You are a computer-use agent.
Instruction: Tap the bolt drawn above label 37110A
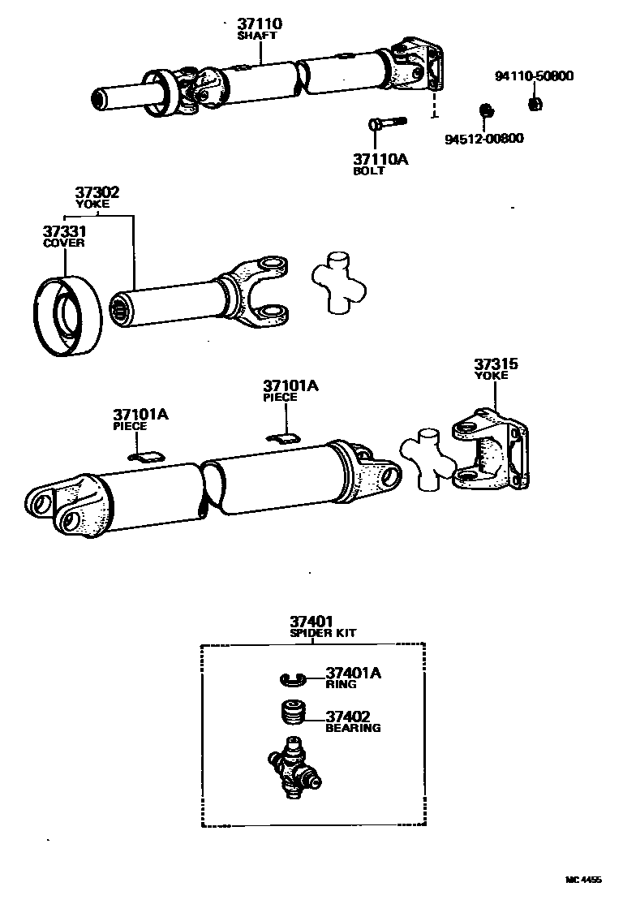pyautogui.click(x=385, y=124)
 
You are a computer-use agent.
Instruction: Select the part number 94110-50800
pyautogui.click(x=534, y=77)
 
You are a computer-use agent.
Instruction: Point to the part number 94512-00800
pyautogui.click(x=484, y=138)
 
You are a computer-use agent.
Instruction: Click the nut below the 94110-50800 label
pyautogui.click(x=535, y=103)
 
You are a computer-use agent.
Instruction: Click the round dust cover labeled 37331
pyautogui.click(x=67, y=316)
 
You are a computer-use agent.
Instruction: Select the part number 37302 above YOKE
pyautogui.click(x=97, y=192)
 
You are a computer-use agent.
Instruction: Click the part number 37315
pyautogui.click(x=495, y=364)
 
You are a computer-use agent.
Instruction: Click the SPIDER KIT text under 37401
pyautogui.click(x=323, y=633)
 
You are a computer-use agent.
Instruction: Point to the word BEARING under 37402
pyautogui.click(x=353, y=728)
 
